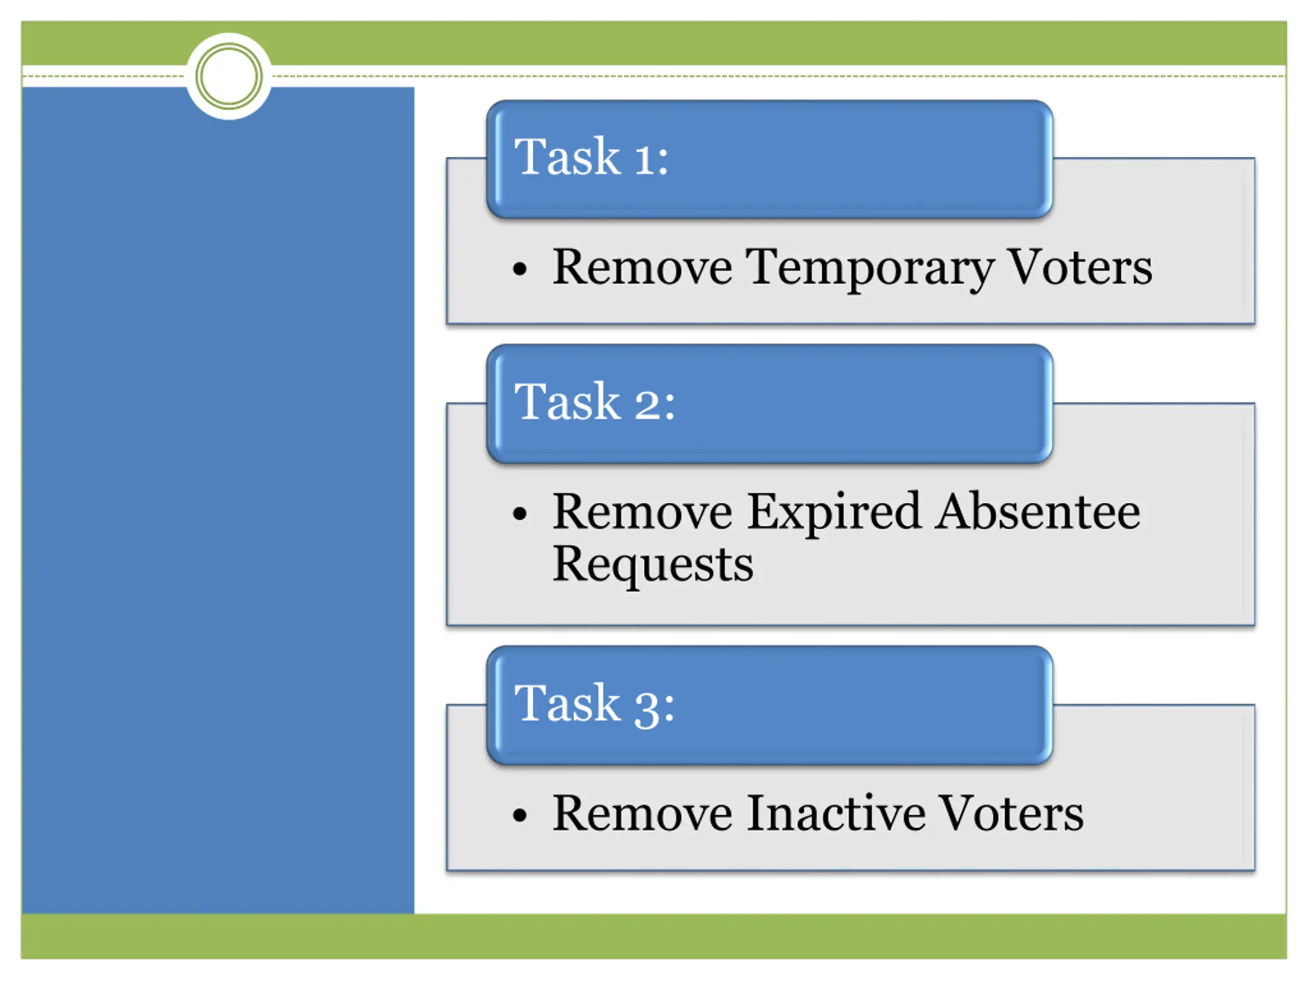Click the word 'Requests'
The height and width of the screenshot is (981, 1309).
[653, 565]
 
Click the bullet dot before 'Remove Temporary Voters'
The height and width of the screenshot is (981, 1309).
[520, 270]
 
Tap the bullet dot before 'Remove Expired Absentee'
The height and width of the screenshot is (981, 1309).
[520, 514]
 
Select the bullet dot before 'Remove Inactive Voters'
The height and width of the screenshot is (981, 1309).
[520, 816]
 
